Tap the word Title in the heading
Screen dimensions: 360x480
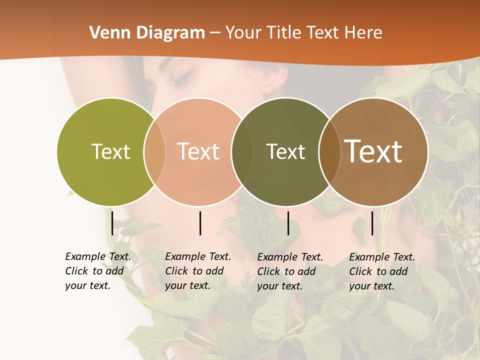coord(283,33)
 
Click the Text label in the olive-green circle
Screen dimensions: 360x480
coord(110,151)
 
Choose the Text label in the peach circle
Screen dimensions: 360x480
coord(198,151)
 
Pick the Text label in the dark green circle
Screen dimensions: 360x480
coord(285,151)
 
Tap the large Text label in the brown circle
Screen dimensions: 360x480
coord(373,151)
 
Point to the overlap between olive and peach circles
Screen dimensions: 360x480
coord(154,151)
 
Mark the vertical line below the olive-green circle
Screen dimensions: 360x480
coord(112,223)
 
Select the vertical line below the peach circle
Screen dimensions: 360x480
coord(200,223)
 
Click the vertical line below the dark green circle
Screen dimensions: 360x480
coord(288,223)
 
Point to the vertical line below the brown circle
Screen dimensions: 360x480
coord(372,223)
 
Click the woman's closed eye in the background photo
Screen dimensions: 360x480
coord(183,77)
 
